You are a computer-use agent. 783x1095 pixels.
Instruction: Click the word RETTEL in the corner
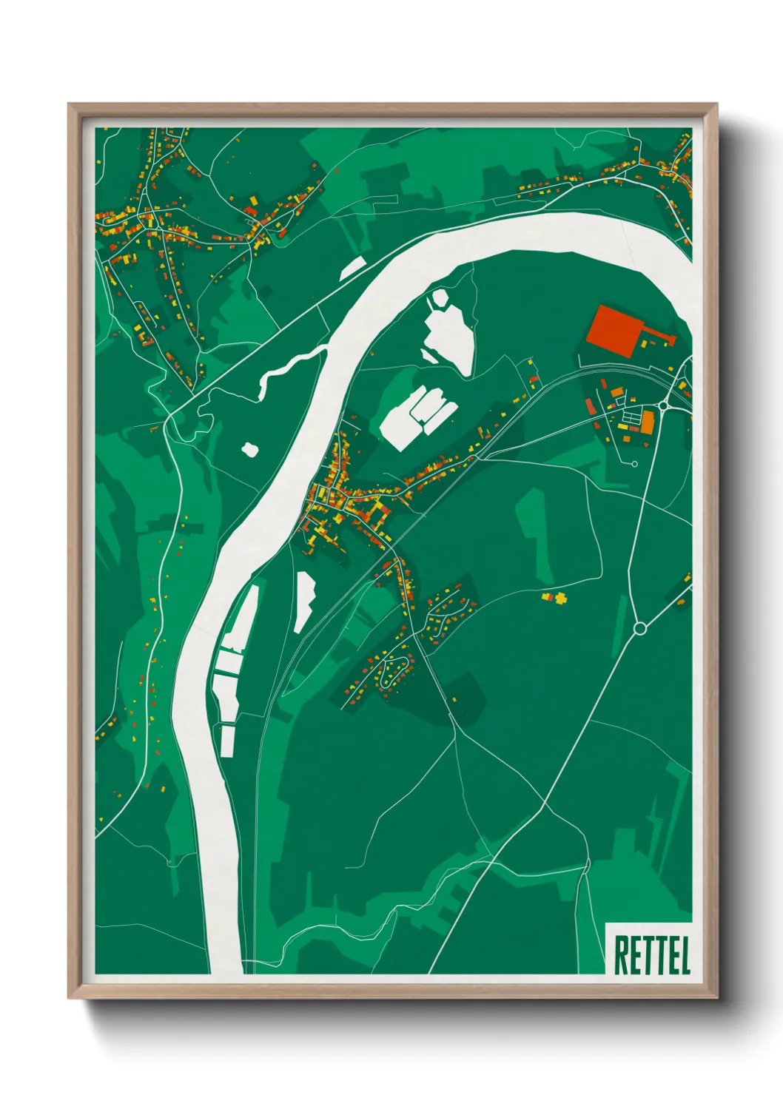tap(652, 955)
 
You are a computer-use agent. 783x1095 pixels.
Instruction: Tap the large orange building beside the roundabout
tap(648, 422)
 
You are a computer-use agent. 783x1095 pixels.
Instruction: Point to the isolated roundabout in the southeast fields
tap(640, 628)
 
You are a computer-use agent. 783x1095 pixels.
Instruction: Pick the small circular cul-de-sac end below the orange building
tap(635, 464)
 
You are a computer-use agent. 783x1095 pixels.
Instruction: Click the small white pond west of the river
tap(249, 448)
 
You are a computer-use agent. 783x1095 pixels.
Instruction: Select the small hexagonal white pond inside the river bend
tap(439, 299)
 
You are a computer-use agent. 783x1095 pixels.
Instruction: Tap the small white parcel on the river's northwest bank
tap(353, 268)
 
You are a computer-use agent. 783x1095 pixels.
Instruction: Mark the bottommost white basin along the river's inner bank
tap(227, 741)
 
